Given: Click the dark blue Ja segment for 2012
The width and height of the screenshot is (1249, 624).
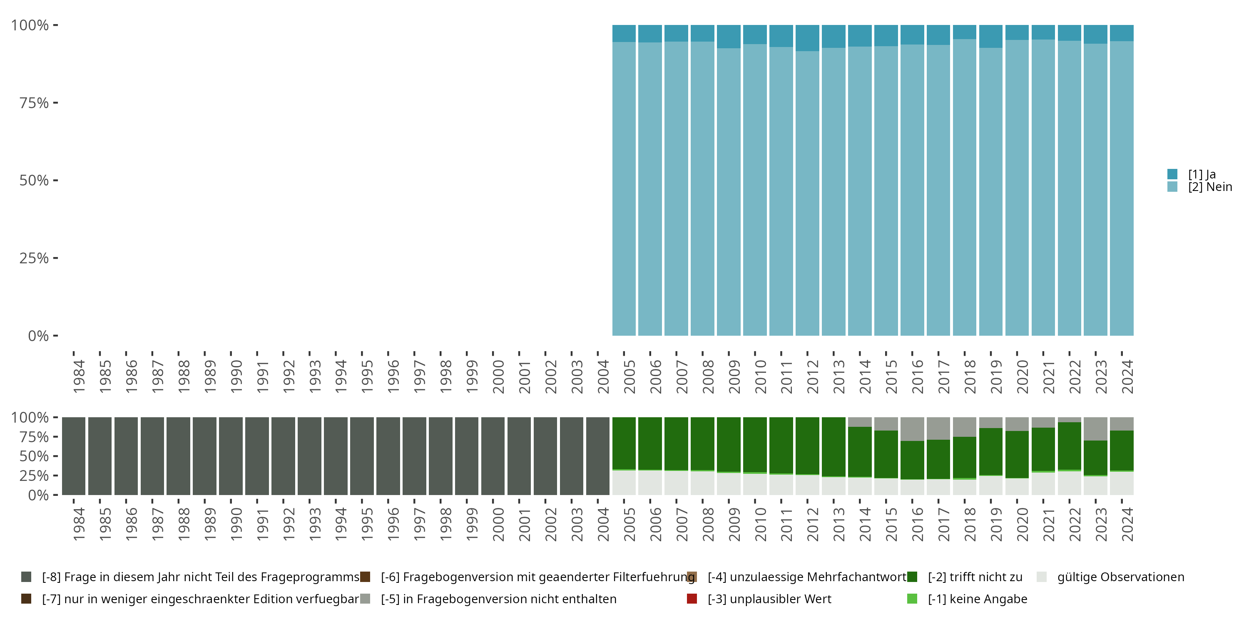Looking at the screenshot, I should click(807, 38).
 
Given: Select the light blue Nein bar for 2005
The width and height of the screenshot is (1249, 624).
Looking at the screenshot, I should click(624, 189).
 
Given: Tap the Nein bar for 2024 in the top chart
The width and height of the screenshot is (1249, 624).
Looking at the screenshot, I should click(1122, 189).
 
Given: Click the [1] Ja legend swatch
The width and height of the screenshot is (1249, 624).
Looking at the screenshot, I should click(1172, 174).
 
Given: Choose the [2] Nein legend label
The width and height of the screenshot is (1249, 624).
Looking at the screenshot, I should click(1210, 187).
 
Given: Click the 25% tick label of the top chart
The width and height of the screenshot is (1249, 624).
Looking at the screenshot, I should click(34, 258).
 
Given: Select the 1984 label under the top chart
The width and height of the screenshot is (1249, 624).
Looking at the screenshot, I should click(79, 376).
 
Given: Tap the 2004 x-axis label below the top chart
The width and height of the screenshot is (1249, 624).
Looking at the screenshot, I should click(603, 376).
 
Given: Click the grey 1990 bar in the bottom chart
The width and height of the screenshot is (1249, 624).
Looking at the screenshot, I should click(231, 456).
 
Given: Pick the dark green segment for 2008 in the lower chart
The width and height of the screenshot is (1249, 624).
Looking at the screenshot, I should click(703, 443).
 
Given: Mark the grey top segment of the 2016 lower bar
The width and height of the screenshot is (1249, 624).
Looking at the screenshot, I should click(912, 429).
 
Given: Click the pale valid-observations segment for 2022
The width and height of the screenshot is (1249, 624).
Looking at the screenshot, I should click(1069, 483).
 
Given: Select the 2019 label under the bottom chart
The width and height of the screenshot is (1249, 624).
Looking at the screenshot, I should click(995, 524).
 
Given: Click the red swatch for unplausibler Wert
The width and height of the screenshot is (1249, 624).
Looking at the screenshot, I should click(692, 599).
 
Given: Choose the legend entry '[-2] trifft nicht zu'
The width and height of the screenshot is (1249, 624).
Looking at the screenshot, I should click(975, 577).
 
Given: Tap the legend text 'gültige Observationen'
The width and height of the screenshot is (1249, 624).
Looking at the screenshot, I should click(1120, 577).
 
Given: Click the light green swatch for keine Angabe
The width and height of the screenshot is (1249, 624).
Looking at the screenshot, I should click(912, 599).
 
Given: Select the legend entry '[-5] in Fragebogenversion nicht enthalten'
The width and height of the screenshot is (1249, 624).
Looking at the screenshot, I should click(498, 599).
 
